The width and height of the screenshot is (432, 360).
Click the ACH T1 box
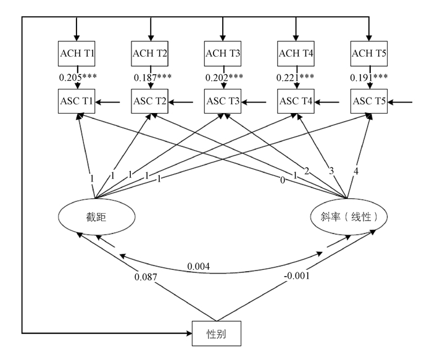click(x=77, y=53)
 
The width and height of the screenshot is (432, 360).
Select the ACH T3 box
click(x=222, y=53)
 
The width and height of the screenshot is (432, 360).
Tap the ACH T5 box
click(x=368, y=53)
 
